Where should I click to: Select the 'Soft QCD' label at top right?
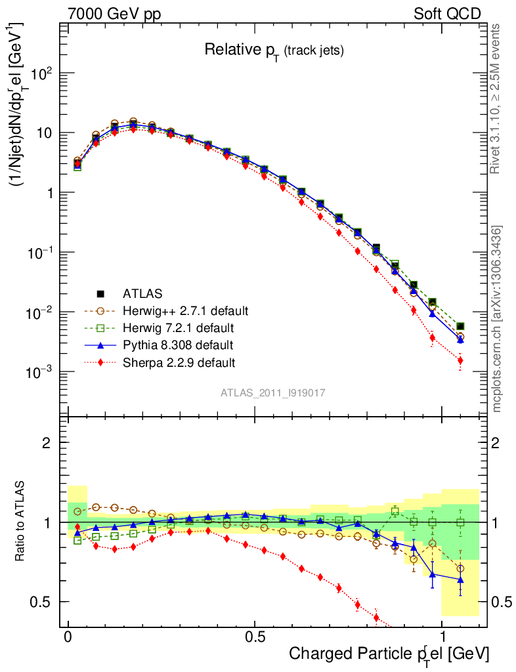coord(447,14)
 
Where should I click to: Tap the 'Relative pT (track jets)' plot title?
coord(274,50)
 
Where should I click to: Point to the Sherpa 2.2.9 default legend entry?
coord(170,362)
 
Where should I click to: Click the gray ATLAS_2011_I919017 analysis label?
coord(273,392)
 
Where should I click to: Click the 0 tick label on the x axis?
coord(68,637)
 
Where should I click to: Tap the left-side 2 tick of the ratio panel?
coord(47,443)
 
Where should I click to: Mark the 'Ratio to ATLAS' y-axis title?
coord(21,522)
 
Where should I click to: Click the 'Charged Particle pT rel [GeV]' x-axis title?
coord(389,654)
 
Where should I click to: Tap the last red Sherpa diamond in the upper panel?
coord(460,360)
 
